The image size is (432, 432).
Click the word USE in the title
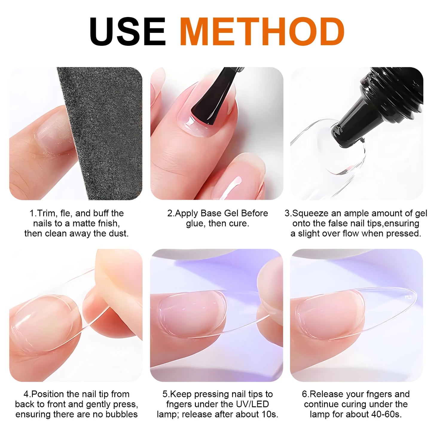coord(128,32)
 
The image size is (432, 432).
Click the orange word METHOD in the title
coord(262,32)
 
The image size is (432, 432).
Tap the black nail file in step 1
coord(102,129)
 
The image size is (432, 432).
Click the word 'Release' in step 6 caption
coord(327,394)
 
